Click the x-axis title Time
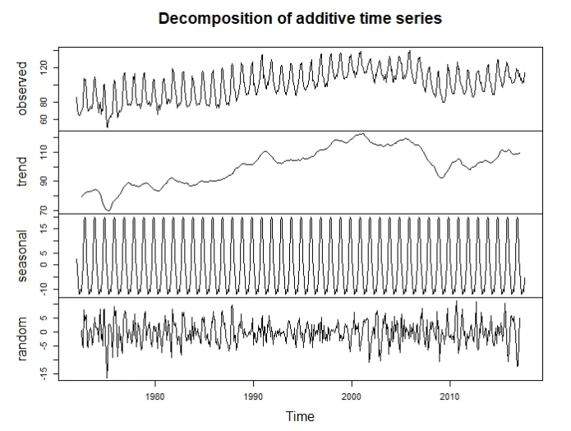coord(299,416)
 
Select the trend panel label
coord(22,172)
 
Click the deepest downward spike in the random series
coord(107,376)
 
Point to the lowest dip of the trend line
coord(108,210)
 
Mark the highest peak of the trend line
coord(361,134)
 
